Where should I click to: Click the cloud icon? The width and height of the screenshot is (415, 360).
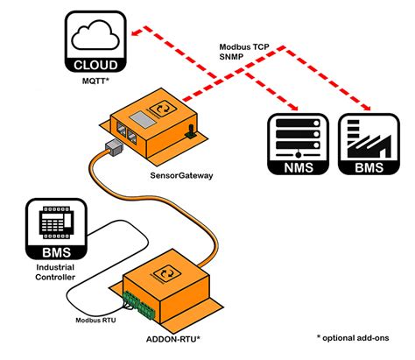click(97, 37)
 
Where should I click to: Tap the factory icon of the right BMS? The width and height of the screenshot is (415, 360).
click(364, 138)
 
